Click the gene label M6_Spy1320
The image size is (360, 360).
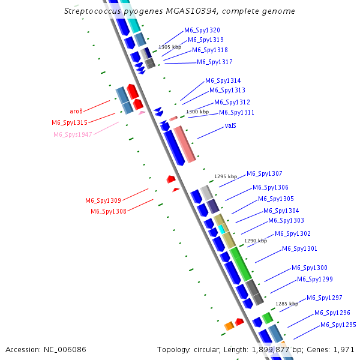[x=202, y=30]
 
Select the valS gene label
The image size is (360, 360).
[x=230, y=126]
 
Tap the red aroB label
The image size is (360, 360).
[x=76, y=112]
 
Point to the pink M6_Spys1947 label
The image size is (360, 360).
[x=73, y=134]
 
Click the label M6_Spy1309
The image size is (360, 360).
[x=103, y=200]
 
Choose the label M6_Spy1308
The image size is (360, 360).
[x=109, y=211]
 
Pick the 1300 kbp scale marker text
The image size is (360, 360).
[x=197, y=112]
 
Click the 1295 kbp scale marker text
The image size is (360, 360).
[x=226, y=176]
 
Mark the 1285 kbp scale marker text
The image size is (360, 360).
[x=287, y=304]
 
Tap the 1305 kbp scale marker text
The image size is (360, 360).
[x=170, y=46]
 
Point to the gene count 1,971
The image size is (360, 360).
[x=343, y=349]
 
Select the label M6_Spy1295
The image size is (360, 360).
[x=338, y=325]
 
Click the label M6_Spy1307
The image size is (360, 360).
[x=265, y=173]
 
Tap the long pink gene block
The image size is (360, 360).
[x=185, y=144]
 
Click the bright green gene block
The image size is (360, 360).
[x=241, y=264]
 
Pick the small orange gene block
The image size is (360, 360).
[x=229, y=326]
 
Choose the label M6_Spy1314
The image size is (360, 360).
[x=223, y=80]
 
